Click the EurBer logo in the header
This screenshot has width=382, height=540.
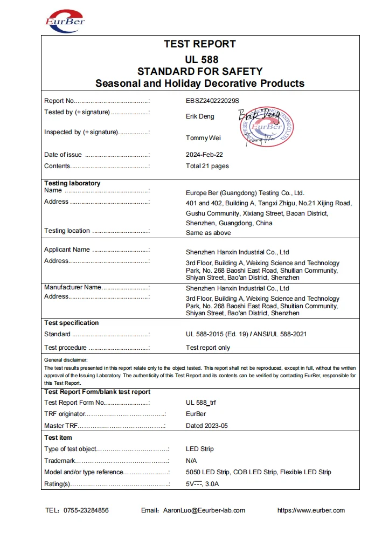65,20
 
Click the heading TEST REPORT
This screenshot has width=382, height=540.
200,44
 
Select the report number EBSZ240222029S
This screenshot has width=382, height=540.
212,101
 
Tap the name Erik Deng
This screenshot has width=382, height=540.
200,116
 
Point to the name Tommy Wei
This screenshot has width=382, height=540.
203,138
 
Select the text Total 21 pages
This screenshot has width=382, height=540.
207,166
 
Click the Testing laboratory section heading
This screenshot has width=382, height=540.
72,183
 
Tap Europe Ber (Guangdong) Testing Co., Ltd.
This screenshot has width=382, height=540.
245,192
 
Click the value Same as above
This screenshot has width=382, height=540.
209,233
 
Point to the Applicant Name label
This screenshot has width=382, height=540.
67,250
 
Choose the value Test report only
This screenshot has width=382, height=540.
208,348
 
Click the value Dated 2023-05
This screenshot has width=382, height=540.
207,426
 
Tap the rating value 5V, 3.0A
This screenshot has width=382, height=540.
203,484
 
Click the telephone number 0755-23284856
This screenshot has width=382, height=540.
86,510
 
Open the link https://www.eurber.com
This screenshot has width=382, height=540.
311,510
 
